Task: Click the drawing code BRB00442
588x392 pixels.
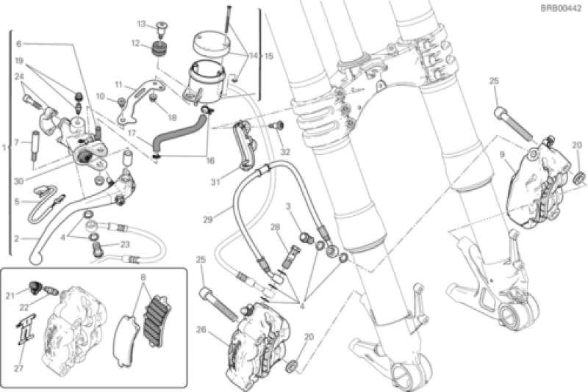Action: (563, 7)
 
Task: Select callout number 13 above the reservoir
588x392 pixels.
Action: (140, 24)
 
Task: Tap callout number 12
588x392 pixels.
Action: (135, 43)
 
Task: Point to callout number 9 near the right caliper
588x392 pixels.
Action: (501, 155)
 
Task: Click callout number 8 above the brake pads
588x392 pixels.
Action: (143, 277)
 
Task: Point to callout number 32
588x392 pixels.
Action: (286, 151)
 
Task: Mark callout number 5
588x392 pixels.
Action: (17, 200)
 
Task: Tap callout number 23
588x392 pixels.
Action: (125, 246)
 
